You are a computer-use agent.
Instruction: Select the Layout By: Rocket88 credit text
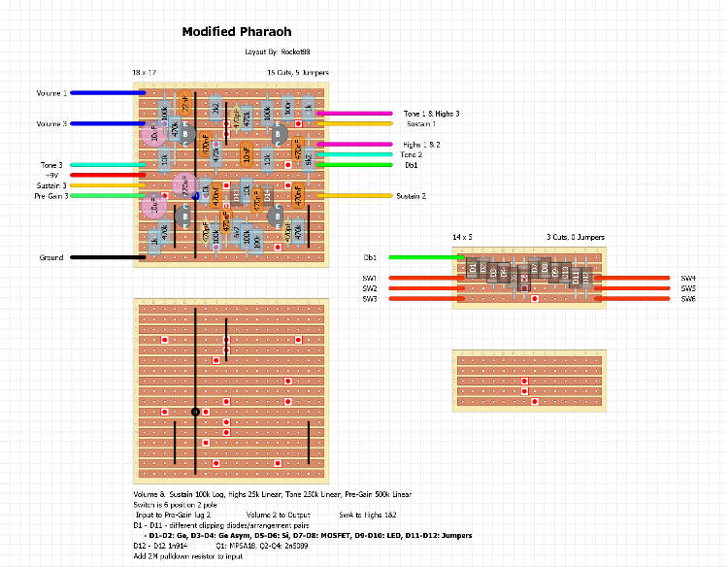click(x=278, y=51)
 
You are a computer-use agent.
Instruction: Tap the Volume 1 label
click(x=52, y=93)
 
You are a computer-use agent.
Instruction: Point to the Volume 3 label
click(x=52, y=123)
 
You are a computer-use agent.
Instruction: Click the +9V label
click(x=53, y=175)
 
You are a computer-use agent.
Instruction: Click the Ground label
click(x=52, y=257)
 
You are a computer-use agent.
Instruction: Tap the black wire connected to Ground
click(x=101, y=257)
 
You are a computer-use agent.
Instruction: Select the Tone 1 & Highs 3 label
click(x=431, y=114)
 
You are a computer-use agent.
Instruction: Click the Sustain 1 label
click(x=420, y=124)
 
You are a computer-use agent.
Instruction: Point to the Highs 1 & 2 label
click(x=421, y=145)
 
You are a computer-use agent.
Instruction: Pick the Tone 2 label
click(x=412, y=154)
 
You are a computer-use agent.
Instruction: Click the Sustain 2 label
click(x=411, y=196)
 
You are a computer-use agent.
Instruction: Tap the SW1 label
click(x=369, y=279)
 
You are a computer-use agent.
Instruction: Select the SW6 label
click(x=688, y=298)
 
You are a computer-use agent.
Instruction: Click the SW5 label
click(x=688, y=288)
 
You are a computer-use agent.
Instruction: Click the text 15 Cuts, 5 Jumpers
click(x=297, y=73)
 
